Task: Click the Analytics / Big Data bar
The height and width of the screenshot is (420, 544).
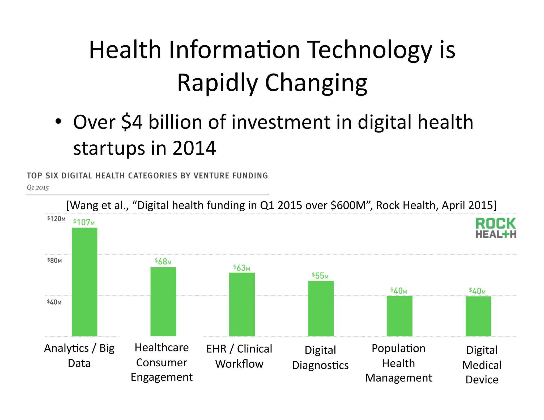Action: click(x=84, y=282)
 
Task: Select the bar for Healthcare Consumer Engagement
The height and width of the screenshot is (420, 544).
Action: click(x=163, y=302)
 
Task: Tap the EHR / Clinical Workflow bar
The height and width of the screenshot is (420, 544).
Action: click(x=242, y=304)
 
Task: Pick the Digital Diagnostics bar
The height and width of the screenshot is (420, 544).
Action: click(x=321, y=308)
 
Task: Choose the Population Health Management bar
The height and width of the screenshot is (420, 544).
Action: click(x=399, y=316)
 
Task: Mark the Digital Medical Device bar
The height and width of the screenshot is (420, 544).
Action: click(x=478, y=316)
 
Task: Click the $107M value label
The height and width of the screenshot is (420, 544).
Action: click(x=84, y=222)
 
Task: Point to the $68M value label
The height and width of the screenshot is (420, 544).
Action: click(x=163, y=262)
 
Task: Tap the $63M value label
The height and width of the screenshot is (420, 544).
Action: click(x=241, y=268)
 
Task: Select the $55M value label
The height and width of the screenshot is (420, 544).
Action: click(x=320, y=276)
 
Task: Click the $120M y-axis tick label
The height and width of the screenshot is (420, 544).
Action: click(x=56, y=218)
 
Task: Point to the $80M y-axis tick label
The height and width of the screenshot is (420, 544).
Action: click(x=54, y=260)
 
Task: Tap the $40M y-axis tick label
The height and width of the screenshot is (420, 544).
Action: click(x=54, y=302)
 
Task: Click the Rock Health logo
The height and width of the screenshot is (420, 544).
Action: click(x=496, y=228)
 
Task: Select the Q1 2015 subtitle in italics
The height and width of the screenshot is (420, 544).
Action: click(x=38, y=188)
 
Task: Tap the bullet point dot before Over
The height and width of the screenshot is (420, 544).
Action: click(x=58, y=122)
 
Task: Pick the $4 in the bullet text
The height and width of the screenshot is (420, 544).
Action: click(x=132, y=122)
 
